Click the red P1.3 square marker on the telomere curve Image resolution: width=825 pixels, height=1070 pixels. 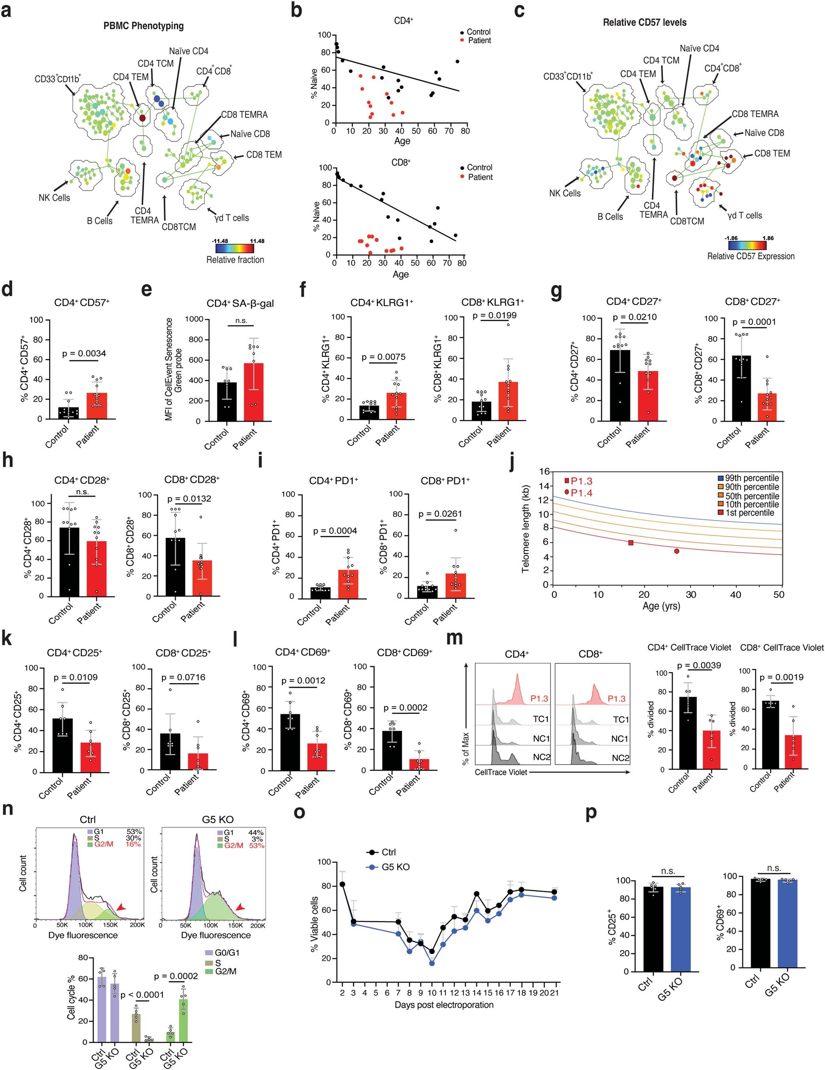(631, 542)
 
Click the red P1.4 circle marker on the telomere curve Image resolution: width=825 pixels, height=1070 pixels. (677, 551)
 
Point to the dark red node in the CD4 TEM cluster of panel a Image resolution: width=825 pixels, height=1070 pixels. (142, 118)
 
